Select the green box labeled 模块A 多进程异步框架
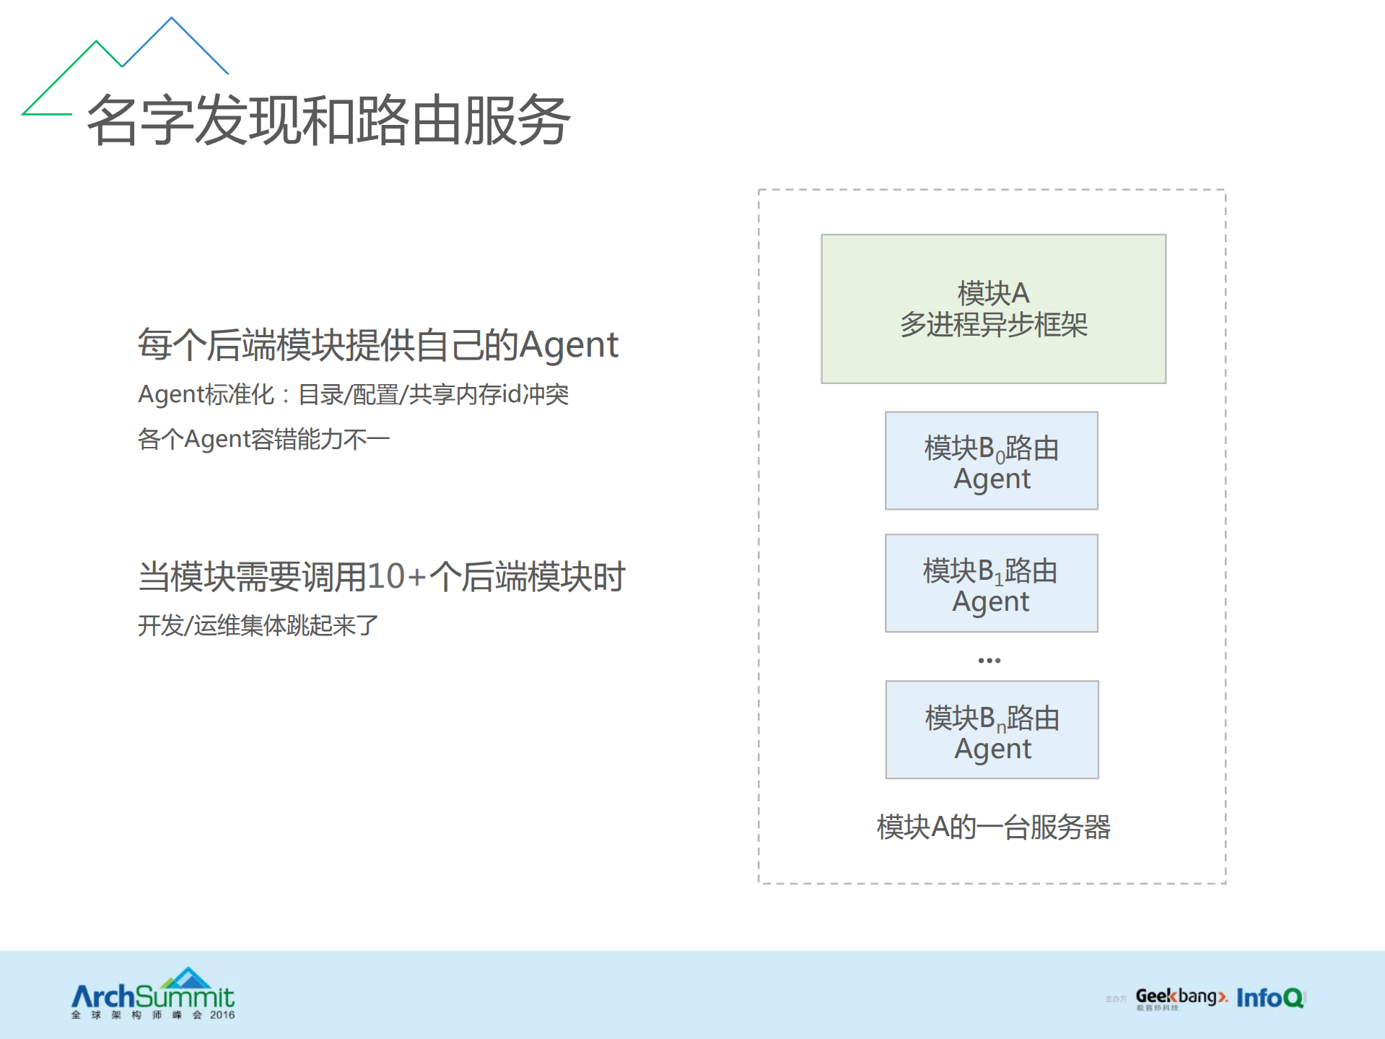click(x=993, y=309)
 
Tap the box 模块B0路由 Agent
click(x=991, y=461)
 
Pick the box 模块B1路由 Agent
click(x=991, y=583)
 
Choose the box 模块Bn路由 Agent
click(x=992, y=729)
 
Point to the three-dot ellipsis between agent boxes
click(x=989, y=661)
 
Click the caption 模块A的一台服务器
click(x=993, y=827)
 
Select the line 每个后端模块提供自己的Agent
click(x=377, y=344)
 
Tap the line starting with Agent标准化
click(x=353, y=395)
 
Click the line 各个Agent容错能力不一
click(x=263, y=439)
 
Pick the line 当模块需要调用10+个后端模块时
click(x=381, y=577)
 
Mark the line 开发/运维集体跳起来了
click(x=258, y=625)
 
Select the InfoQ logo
click(x=1270, y=998)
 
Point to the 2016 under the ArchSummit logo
click(x=222, y=1015)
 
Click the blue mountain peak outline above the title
click(x=173, y=43)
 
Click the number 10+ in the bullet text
click(x=396, y=577)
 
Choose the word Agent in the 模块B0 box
click(x=992, y=479)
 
